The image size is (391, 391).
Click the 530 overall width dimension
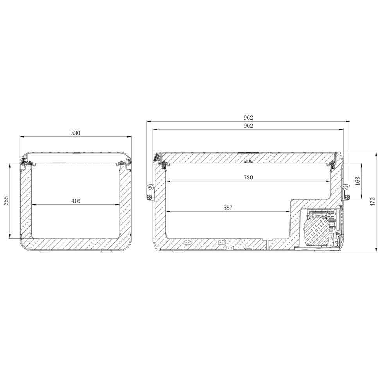(x=75, y=133)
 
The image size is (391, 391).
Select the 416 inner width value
(x=75, y=201)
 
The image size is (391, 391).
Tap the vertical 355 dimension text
(x=6, y=201)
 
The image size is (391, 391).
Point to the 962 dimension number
(x=248, y=117)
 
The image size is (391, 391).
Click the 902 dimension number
(x=248, y=126)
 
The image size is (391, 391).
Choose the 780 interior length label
(x=248, y=178)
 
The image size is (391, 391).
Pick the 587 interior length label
(x=228, y=208)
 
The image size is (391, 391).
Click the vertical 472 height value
(x=373, y=202)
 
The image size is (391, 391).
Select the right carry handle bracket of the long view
(x=346, y=192)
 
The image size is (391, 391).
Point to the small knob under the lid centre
(x=248, y=161)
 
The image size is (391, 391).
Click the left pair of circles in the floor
(x=187, y=241)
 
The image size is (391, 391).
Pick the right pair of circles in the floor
(x=222, y=241)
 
